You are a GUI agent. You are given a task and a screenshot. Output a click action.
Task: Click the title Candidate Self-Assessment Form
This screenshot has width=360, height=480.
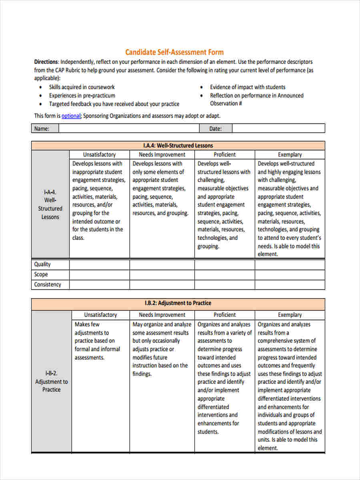tap(174, 52)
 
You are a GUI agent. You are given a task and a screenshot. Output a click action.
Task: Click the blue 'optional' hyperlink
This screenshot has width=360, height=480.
tap(71, 116)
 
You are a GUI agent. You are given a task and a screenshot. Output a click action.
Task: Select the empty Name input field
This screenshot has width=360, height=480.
tap(129, 128)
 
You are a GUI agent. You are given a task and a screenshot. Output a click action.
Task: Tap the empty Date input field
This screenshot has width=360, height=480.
tap(278, 128)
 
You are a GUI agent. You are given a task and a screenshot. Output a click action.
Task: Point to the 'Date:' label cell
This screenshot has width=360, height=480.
tap(215, 128)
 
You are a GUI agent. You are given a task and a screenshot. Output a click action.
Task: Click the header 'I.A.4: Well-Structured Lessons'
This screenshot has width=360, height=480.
tap(178, 146)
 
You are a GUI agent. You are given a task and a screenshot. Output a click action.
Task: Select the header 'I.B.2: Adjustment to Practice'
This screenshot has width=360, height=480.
tap(178, 303)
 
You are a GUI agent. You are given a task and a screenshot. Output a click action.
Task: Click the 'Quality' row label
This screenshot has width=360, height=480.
tap(42, 264)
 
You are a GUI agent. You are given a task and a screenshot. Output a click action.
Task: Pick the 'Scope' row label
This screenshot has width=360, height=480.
tap(41, 274)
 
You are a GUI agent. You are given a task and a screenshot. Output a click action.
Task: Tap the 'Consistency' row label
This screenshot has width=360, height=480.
tap(48, 284)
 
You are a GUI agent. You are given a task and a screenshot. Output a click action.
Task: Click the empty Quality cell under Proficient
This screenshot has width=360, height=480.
tap(224, 264)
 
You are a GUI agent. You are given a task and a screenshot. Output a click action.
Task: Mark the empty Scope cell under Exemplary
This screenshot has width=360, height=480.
tap(290, 274)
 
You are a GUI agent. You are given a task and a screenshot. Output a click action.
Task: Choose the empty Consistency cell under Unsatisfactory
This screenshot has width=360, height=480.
tap(99, 284)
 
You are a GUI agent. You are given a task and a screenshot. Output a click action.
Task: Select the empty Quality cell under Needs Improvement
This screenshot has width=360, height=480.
tap(162, 264)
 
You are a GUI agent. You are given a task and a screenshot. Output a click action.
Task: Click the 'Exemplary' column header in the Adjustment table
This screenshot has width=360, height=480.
tap(290, 315)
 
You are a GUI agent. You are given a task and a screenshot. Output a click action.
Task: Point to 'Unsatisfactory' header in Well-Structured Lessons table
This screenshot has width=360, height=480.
tap(99, 154)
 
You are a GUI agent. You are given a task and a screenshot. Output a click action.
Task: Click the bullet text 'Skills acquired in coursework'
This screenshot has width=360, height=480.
tap(82, 87)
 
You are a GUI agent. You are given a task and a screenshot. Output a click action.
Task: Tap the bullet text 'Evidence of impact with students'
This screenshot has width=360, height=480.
tap(248, 87)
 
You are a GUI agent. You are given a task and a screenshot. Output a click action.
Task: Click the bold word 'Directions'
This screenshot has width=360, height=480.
tap(46, 62)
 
